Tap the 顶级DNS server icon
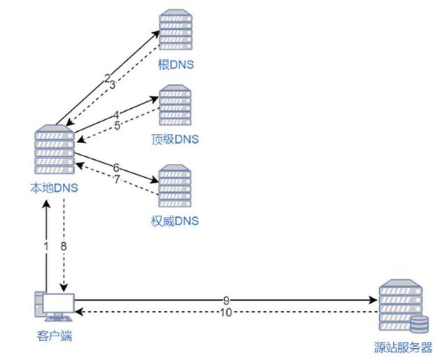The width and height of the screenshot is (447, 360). [175, 107]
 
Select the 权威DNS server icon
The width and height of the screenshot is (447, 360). [175, 186]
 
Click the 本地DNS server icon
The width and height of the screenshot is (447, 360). [54, 151]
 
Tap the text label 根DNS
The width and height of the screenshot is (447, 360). [175, 65]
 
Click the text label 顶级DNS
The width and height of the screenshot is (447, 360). [175, 140]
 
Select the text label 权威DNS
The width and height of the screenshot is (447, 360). [175, 221]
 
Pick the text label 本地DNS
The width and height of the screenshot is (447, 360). [54, 188]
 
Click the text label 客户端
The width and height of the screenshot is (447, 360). [54, 336]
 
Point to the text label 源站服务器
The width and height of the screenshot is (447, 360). [404, 347]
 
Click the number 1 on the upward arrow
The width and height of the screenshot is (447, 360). [47, 246]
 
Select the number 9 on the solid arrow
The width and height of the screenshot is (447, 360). [226, 300]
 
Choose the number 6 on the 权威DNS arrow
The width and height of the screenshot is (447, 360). [116, 167]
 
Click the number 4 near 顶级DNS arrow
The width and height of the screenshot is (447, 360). [117, 114]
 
